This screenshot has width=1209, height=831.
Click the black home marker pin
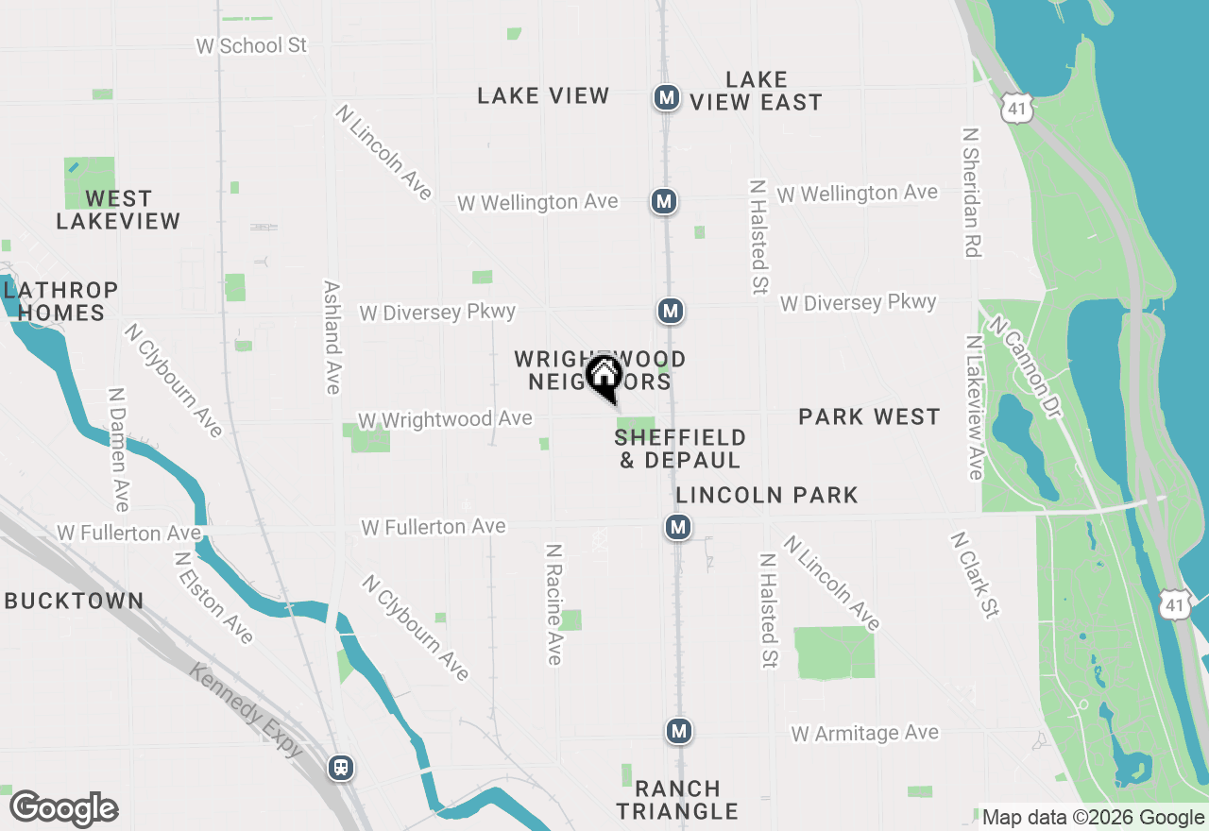[604, 377]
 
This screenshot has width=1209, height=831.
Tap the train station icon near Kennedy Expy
[341, 768]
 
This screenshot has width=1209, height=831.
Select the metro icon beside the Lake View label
[667, 97]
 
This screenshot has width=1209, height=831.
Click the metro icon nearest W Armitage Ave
[678, 731]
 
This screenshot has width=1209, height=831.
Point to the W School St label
[251, 45]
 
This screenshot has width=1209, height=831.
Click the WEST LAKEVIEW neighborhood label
[118, 210]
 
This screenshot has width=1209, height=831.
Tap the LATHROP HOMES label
[60, 301]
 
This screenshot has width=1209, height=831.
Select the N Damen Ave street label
[118, 449]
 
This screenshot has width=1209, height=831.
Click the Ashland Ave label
[332, 337]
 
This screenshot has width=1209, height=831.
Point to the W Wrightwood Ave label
[445, 419]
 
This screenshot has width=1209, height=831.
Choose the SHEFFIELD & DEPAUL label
[680, 449]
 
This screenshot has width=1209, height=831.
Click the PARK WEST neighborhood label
[869, 416]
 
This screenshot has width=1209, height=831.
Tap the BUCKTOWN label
[75, 601]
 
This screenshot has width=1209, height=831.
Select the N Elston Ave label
[213, 599]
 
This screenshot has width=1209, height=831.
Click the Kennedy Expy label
[246, 710]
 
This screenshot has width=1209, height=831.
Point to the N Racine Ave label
[554, 603]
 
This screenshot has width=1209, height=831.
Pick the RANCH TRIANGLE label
[677, 800]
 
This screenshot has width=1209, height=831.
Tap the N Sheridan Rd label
[971, 193]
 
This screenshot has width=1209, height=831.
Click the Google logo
[63, 809]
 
